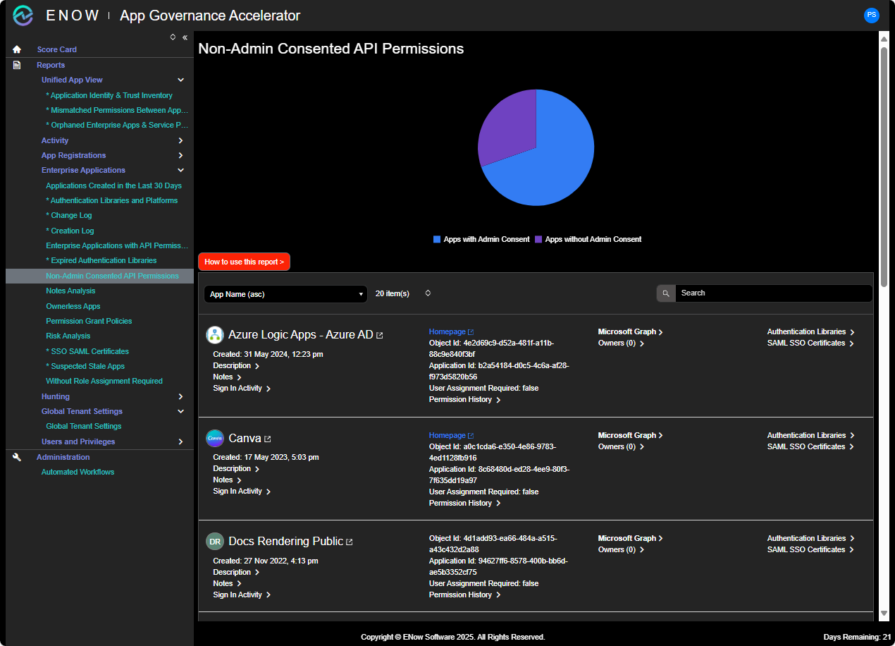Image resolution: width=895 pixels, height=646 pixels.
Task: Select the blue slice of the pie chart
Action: (557, 162)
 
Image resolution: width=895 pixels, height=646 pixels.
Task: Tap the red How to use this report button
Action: (244, 262)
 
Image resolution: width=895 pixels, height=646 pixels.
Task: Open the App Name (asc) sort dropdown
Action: (285, 294)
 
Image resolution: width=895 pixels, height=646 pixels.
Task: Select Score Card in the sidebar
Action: (57, 49)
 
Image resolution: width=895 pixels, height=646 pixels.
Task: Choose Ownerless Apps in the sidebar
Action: (73, 306)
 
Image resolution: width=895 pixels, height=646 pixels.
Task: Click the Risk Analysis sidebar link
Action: (68, 336)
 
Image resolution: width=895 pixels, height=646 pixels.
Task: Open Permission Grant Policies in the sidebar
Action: (89, 321)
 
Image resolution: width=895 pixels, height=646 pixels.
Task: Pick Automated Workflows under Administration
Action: (78, 472)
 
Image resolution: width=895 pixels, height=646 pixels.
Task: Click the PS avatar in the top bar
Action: (872, 15)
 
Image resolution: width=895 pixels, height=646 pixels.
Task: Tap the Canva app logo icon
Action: (214, 439)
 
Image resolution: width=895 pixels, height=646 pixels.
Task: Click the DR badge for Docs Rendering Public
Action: (214, 542)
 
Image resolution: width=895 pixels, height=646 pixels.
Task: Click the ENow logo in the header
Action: (23, 15)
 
